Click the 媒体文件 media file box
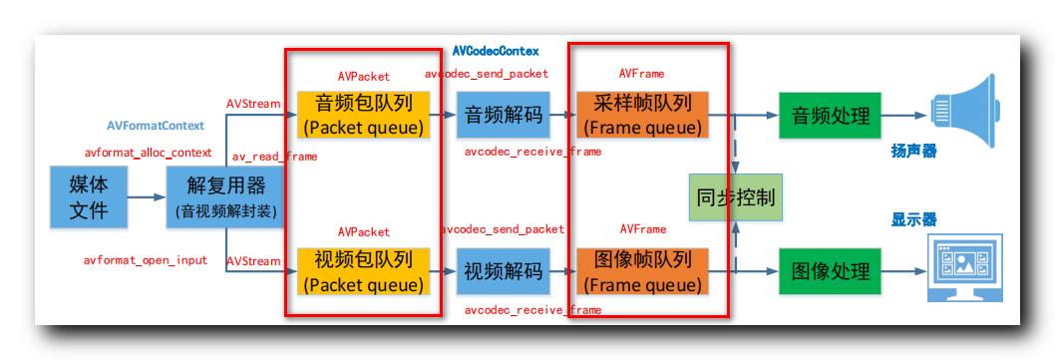tap(89, 196)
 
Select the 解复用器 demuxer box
tap(226, 196)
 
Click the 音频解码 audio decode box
tap(504, 115)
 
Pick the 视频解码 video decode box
tap(504, 271)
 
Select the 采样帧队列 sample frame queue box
tap(642, 115)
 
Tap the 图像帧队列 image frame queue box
tap(642, 271)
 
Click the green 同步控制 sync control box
tap(736, 196)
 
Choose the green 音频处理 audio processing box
tap(830, 115)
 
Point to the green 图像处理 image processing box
tap(830, 271)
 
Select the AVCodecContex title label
tap(496, 50)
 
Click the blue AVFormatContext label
tap(156, 127)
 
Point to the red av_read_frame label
tap(275, 157)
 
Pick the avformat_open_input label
tap(146, 260)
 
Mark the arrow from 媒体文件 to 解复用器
tap(147, 196)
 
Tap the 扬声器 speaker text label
tap(913, 153)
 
